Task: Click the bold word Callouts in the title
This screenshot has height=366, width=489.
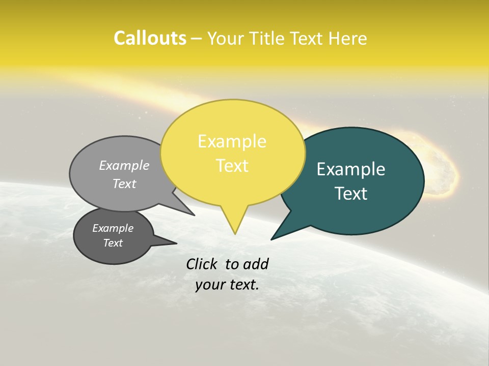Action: click(x=150, y=38)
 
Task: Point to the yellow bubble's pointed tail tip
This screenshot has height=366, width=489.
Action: click(x=235, y=233)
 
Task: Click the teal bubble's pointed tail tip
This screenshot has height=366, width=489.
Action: click(x=271, y=239)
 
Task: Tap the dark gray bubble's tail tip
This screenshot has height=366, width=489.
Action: click(x=176, y=243)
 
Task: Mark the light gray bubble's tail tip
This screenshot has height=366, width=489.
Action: click(x=194, y=215)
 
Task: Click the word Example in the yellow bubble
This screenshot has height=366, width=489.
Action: click(x=232, y=141)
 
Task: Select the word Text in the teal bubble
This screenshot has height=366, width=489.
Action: click(x=351, y=194)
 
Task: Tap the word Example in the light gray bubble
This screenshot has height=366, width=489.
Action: click(x=124, y=165)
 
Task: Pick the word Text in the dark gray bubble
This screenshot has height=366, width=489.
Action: click(x=113, y=243)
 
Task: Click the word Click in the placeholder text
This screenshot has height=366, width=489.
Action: click(x=202, y=264)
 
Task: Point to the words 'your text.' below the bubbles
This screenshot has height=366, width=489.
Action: click(x=227, y=285)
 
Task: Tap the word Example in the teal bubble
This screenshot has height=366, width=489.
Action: click(x=351, y=169)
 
